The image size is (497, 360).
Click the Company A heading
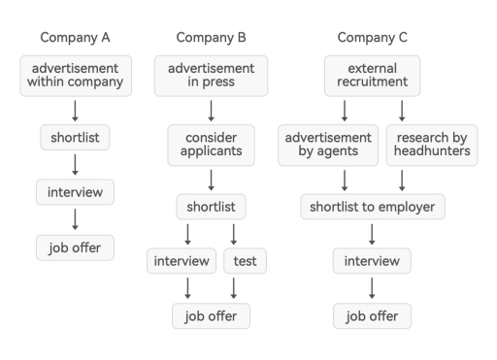coord(75,38)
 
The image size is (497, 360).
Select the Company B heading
coord(211,38)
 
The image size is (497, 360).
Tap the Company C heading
coord(372,38)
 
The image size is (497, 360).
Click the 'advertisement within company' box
coord(75,76)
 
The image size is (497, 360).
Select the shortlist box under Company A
coord(75,137)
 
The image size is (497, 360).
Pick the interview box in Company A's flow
coord(75,192)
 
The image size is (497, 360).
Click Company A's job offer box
coord(75,246)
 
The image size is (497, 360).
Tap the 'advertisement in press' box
coord(211,76)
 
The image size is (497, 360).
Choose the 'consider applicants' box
coord(211,144)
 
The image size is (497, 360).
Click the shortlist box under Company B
coord(211,207)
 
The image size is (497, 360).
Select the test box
coord(245,261)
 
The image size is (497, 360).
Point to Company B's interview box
coord(182,261)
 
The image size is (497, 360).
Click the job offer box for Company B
coord(211,316)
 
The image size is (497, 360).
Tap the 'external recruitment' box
coord(372,76)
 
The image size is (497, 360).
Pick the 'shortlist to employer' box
coord(372,207)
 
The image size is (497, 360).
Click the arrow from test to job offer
coord(234,288)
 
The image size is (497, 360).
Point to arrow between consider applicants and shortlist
coord(211,179)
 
